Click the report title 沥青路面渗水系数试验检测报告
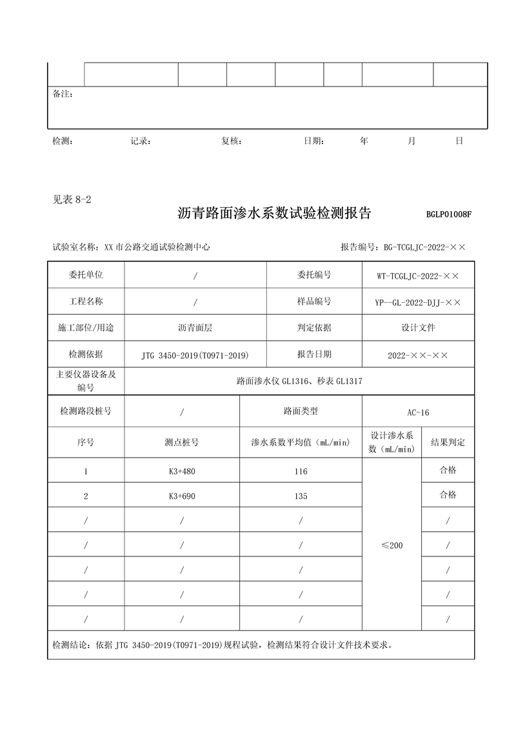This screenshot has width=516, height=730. [x=274, y=214]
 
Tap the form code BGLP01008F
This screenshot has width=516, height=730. [x=449, y=215]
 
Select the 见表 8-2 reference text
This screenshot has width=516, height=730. [x=72, y=199]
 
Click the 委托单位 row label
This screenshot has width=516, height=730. [x=86, y=275]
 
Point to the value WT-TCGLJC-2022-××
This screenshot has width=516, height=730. [x=418, y=276]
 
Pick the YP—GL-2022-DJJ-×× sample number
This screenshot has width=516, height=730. [x=418, y=301]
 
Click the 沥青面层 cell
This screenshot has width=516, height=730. [x=195, y=328]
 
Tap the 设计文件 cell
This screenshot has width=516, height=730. [x=418, y=328]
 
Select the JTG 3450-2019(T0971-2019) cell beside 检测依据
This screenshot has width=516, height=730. [x=195, y=355]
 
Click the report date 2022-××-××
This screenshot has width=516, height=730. [x=418, y=355]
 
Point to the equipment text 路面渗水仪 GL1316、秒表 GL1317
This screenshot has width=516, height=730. [x=299, y=381]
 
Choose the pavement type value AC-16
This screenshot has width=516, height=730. [x=418, y=412]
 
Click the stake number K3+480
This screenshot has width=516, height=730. [x=181, y=471]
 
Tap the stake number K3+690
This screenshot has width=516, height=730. [x=181, y=496]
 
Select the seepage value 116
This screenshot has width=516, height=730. [x=301, y=471]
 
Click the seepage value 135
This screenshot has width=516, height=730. [x=301, y=496]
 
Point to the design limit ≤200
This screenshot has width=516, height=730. [x=392, y=545]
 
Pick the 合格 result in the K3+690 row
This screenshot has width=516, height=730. [x=448, y=495]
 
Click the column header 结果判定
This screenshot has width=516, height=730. [x=448, y=443]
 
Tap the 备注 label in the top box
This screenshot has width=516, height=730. [x=63, y=94]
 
